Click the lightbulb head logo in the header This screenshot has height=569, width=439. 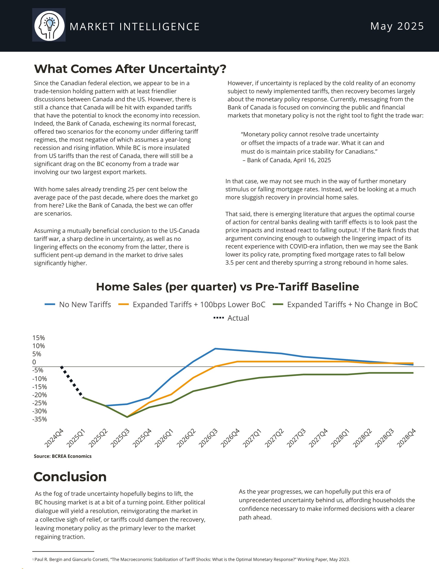pyautogui.click(x=49, y=25)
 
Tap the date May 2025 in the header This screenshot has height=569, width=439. pyautogui.click(x=397, y=26)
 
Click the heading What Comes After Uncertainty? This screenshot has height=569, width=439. pyautogui.click(x=130, y=69)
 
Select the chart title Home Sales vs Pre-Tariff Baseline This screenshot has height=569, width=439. pyautogui.click(x=227, y=287)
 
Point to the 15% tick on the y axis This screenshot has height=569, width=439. pyautogui.click(x=38, y=338)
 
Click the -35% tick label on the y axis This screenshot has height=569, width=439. pyautogui.click(x=40, y=419)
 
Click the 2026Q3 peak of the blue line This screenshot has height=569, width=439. pyautogui.click(x=215, y=349)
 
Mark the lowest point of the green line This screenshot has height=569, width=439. pyautogui.click(x=127, y=417)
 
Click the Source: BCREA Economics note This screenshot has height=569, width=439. pyautogui.click(x=63, y=456)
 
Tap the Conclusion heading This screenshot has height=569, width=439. pyautogui.click(x=70, y=477)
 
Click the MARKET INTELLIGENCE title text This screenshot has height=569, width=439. pyautogui.click(x=135, y=27)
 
